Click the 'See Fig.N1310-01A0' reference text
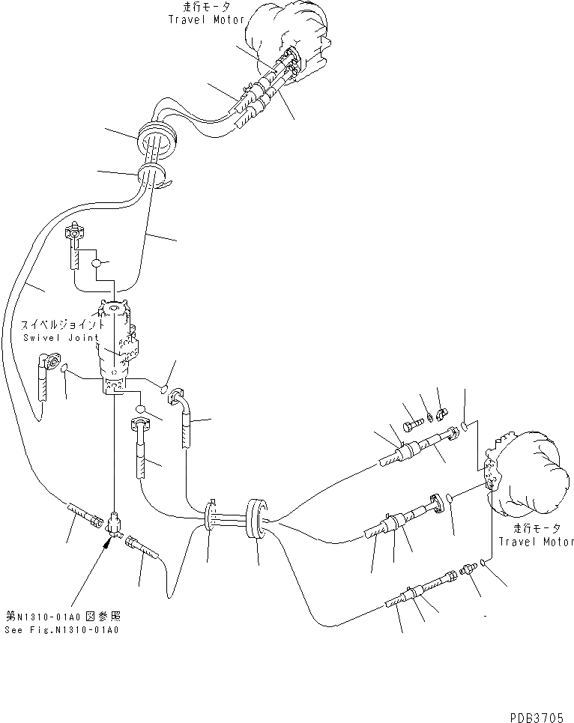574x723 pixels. (66, 629)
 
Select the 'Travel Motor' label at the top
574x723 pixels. (207, 19)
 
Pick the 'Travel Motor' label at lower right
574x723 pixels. (534, 541)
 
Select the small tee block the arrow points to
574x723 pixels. (114, 521)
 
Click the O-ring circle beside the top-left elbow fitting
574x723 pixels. (97, 263)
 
